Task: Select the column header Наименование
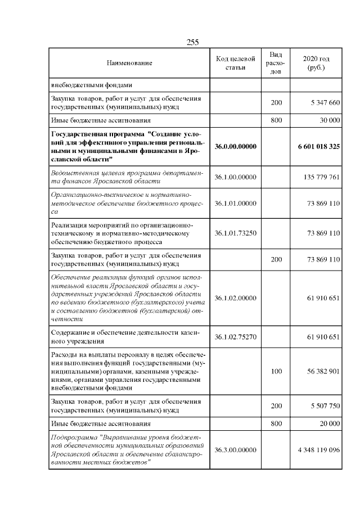click(x=129, y=64)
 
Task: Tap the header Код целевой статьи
click(x=236, y=64)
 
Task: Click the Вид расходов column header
click(x=276, y=64)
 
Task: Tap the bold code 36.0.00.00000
click(x=236, y=146)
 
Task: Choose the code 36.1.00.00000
click(x=236, y=177)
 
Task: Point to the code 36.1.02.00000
click(x=236, y=297)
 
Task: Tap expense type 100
click(x=276, y=371)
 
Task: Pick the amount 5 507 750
click(x=322, y=406)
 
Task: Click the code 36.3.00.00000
click(x=236, y=450)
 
